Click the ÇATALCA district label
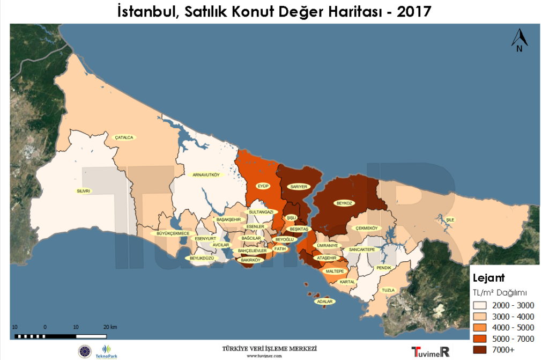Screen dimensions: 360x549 (124, 137)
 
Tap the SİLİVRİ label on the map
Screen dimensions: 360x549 (84, 190)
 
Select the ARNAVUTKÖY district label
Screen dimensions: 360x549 (206, 175)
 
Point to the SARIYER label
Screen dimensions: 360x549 (299, 187)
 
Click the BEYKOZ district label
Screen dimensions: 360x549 (344, 203)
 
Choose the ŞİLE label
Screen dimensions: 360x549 (450, 219)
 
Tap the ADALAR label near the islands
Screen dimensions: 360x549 (325, 302)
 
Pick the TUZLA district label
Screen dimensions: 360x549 (388, 290)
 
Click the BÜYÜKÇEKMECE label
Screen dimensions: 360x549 (173, 233)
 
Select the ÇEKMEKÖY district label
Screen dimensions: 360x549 (367, 229)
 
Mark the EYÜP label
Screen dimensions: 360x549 (263, 186)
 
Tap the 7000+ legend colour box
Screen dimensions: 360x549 (480, 350)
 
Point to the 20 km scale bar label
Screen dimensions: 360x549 (110, 327)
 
